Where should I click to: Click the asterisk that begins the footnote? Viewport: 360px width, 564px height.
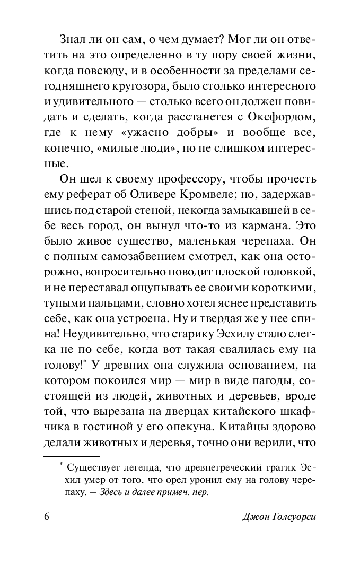pos(61,465)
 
